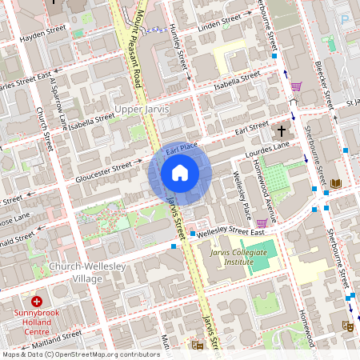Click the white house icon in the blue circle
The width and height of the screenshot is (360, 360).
click(x=180, y=173)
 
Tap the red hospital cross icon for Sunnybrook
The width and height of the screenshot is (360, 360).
click(x=37, y=303)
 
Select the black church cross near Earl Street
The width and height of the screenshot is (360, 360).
click(x=282, y=130)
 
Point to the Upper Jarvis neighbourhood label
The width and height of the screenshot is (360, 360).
click(x=142, y=108)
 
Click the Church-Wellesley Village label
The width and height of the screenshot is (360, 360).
click(x=76, y=272)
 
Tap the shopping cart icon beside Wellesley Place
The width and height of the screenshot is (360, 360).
click(x=261, y=223)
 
